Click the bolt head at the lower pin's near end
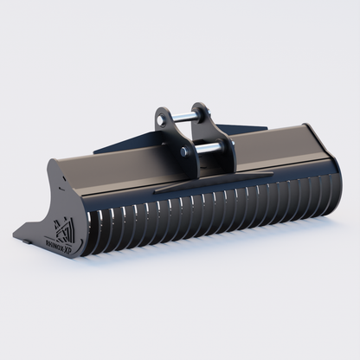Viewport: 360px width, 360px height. tap(184, 151)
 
